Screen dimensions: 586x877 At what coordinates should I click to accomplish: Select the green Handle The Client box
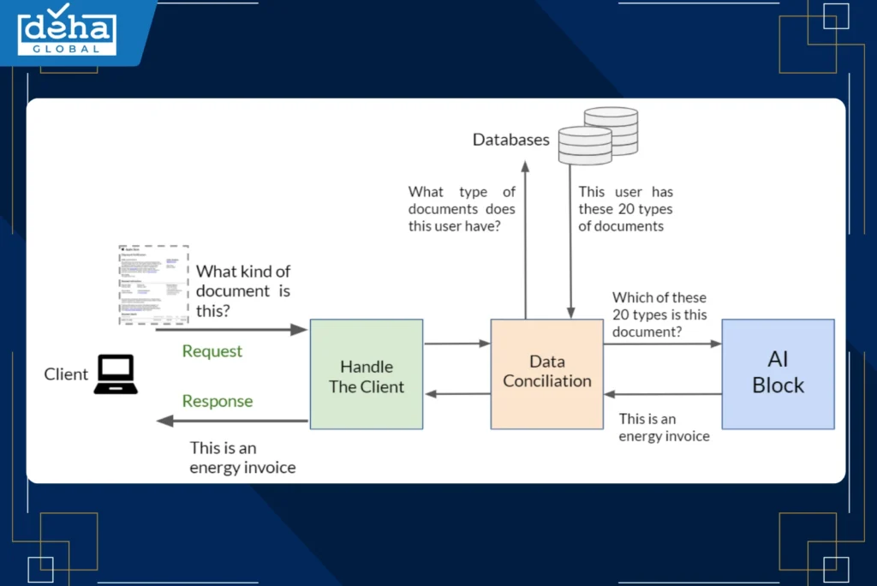tap(366, 374)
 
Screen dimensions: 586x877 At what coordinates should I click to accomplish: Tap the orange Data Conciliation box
tap(546, 374)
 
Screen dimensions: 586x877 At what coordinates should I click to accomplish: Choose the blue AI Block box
tap(778, 374)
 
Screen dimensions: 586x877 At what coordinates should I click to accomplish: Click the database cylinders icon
tap(598, 135)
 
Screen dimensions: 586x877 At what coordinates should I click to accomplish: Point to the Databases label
tap(510, 140)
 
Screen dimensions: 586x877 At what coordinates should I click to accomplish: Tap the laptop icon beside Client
tap(116, 374)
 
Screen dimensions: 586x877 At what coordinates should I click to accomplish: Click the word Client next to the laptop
tap(66, 374)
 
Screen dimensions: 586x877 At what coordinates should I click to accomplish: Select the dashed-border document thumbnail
tap(152, 284)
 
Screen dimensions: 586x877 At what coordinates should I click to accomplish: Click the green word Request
tap(212, 351)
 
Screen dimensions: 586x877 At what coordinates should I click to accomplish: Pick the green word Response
tap(218, 401)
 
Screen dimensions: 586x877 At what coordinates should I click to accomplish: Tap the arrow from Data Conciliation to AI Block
tap(662, 344)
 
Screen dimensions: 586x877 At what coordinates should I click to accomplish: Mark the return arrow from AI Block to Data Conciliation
tap(662, 394)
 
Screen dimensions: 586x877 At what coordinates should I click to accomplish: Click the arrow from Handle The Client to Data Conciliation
tap(456, 344)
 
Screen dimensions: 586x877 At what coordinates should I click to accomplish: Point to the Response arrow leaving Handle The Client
tap(231, 421)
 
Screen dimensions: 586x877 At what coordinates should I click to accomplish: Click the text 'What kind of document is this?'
tap(243, 290)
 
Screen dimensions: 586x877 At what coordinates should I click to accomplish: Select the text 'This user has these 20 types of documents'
tap(625, 209)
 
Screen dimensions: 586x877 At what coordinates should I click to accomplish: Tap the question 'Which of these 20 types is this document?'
tap(659, 314)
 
